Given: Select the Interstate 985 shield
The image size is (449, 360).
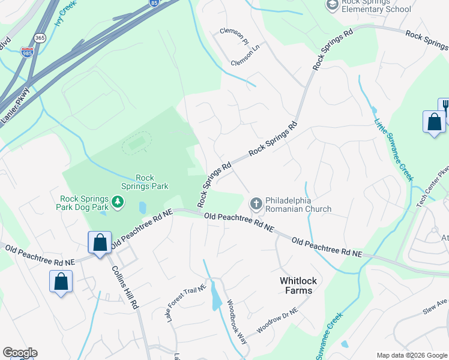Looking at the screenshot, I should click(x=27, y=53).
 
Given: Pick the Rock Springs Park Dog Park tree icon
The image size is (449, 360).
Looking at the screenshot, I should click(x=118, y=203).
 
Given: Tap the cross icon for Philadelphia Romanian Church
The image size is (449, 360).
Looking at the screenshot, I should click(x=256, y=205).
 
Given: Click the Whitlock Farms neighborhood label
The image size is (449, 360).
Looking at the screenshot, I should click(x=296, y=286).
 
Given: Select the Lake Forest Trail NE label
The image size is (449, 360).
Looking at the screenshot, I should click(x=187, y=302).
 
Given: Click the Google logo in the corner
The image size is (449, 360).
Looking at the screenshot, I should click(x=20, y=353).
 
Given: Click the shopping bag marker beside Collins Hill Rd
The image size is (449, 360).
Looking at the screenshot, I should click(x=100, y=242).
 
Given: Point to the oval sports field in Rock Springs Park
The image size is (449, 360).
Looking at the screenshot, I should click(x=137, y=143).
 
